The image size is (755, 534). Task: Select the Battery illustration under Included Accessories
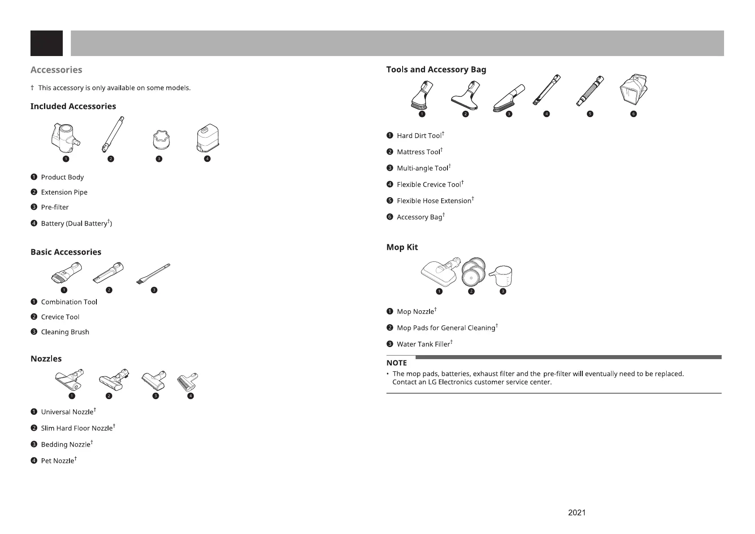208,139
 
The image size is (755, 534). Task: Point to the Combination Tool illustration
67,272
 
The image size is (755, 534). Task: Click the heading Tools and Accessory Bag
436,69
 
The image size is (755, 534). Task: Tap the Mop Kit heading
402,247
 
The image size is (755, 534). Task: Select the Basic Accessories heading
66,252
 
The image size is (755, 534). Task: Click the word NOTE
396,363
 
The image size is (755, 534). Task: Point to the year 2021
577,512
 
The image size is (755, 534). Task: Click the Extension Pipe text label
64,192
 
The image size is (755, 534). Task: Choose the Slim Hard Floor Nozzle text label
77,428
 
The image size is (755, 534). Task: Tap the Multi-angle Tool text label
422,168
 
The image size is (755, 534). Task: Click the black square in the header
47,43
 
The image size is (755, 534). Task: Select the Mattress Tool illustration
465,95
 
